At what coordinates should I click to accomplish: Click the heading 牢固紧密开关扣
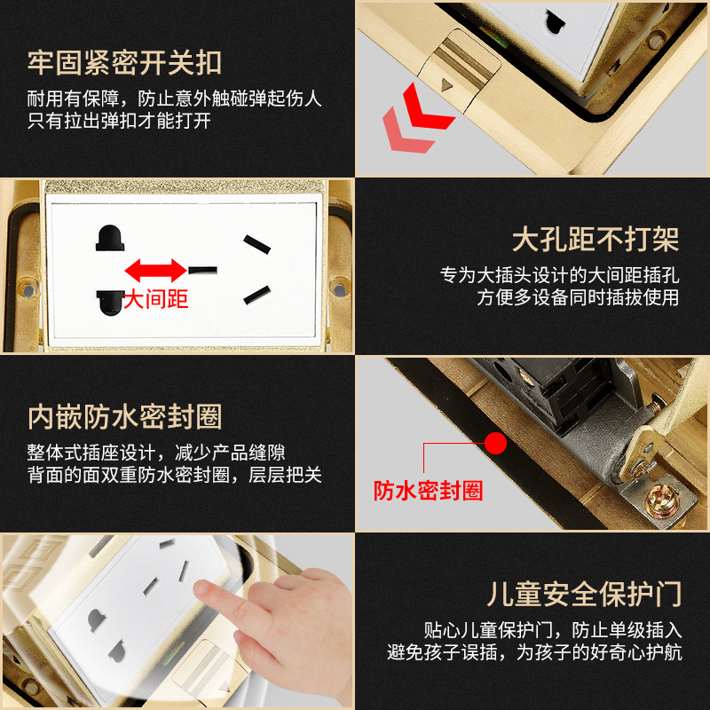tap(124, 62)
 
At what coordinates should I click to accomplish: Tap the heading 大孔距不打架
tap(596, 239)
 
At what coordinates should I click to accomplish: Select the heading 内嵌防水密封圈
tap(124, 416)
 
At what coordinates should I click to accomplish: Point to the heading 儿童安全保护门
tap(585, 594)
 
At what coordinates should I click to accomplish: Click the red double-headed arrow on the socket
tap(156, 271)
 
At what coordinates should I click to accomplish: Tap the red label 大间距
tap(156, 299)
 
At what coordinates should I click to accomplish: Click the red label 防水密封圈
tap(428, 491)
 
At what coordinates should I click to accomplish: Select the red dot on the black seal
tap(496, 443)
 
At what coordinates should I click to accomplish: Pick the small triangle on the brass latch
tap(447, 84)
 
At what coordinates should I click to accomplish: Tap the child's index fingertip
tap(202, 589)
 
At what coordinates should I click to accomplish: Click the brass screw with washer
tap(662, 501)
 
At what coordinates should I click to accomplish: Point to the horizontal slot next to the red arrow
tap(203, 271)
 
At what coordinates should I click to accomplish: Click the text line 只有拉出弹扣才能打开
tap(119, 121)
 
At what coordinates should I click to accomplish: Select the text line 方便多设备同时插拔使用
tap(579, 297)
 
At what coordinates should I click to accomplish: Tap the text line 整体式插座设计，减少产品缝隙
tap(156, 453)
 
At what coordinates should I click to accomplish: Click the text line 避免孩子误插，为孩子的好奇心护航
tap(535, 652)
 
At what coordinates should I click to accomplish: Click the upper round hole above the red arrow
tap(110, 238)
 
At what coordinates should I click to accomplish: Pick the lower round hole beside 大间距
tap(110, 303)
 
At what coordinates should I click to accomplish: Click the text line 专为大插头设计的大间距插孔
tap(560, 275)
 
